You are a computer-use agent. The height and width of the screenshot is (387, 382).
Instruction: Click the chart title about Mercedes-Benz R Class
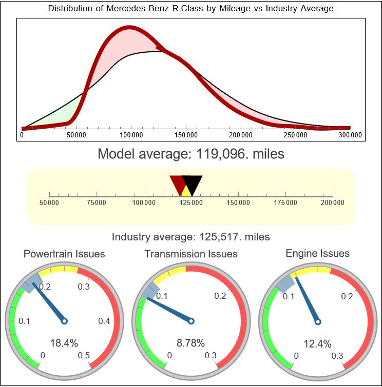190,9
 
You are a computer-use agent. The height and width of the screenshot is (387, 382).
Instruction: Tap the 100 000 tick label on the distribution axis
131,135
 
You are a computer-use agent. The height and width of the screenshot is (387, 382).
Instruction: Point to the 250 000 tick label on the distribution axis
296,135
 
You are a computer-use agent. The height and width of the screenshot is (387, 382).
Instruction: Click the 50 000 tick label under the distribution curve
77,135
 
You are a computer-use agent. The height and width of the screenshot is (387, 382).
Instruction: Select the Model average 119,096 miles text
190,153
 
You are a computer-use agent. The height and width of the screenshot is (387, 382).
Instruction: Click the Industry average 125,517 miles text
190,237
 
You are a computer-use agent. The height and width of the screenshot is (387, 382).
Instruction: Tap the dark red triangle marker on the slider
178,183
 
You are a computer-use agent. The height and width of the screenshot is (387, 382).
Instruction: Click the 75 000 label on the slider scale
97,203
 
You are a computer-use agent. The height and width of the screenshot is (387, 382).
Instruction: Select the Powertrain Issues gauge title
64,254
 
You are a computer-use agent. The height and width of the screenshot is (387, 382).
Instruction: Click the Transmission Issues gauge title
191,254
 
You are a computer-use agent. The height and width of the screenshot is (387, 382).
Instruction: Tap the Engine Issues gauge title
317,254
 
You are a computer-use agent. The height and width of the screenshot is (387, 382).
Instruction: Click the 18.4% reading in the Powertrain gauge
64,343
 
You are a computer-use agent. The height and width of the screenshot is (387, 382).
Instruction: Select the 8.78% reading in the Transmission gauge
191,343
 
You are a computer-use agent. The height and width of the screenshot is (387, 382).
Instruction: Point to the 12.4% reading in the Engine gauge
317,343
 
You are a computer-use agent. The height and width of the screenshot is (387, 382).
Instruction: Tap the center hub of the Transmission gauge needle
191,321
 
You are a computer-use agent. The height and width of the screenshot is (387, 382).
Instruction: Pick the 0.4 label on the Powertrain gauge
104,321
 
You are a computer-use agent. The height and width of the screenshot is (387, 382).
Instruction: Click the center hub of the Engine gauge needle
317,321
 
